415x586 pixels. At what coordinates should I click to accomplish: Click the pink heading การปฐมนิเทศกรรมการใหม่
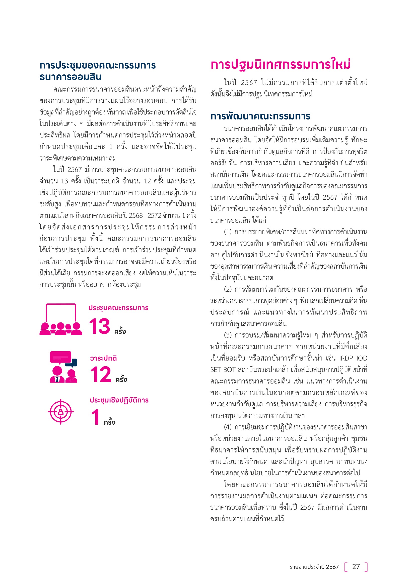[280, 65]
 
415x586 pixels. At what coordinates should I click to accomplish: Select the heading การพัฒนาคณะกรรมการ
[260, 116]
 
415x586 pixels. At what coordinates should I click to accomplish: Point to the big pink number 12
[101, 374]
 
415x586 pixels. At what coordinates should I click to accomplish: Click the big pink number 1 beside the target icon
[96, 417]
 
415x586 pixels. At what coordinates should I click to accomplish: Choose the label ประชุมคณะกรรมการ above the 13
[118, 308]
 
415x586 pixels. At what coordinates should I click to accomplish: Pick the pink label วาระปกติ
[103, 358]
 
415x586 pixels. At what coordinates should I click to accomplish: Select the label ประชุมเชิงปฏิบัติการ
[119, 400]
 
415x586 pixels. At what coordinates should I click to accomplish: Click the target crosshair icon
[60, 412]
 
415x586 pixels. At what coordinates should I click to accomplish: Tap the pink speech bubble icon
[60, 357]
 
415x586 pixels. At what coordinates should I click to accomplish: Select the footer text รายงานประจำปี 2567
[314, 567]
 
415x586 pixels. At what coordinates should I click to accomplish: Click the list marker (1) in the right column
[228, 232]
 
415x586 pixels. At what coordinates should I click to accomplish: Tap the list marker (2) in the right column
[228, 289]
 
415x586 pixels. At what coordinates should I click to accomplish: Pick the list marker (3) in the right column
[228, 335]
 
